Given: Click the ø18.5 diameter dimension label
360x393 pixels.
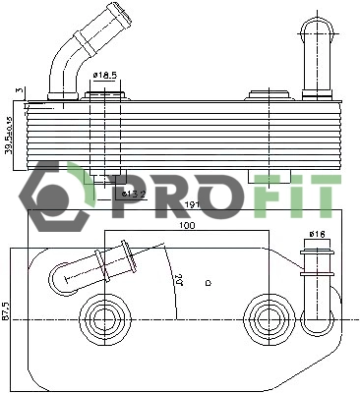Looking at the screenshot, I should pos(105,76).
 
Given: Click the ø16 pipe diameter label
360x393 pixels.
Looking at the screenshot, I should pos(317,234).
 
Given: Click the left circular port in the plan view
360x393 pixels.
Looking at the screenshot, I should pos(102,317).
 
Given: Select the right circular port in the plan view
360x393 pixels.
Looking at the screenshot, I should pos(263,317).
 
